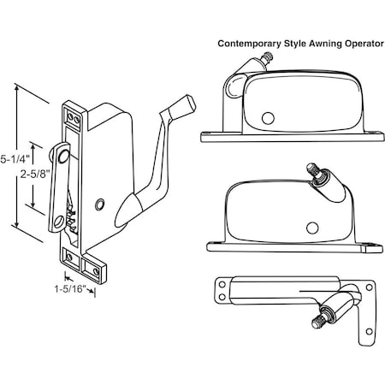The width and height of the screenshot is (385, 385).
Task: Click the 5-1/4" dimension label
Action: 15,159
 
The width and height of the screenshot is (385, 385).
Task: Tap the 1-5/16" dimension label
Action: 70,289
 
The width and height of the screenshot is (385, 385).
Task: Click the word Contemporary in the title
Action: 249,44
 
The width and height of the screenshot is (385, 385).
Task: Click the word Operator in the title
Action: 364,44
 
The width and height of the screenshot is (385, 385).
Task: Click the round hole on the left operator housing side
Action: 99,204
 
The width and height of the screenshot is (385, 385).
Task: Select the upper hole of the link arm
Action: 63,156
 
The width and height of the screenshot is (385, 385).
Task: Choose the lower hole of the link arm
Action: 59,222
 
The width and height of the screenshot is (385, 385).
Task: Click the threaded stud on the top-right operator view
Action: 268,57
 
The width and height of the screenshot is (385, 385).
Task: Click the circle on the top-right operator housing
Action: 268,118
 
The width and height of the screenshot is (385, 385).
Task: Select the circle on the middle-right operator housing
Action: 312,228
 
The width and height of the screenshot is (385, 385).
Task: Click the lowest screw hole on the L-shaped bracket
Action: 369,332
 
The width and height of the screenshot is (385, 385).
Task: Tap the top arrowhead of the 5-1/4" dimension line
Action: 17,88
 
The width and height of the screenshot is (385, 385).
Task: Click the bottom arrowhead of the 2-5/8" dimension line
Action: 33,204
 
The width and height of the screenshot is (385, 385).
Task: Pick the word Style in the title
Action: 295,44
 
